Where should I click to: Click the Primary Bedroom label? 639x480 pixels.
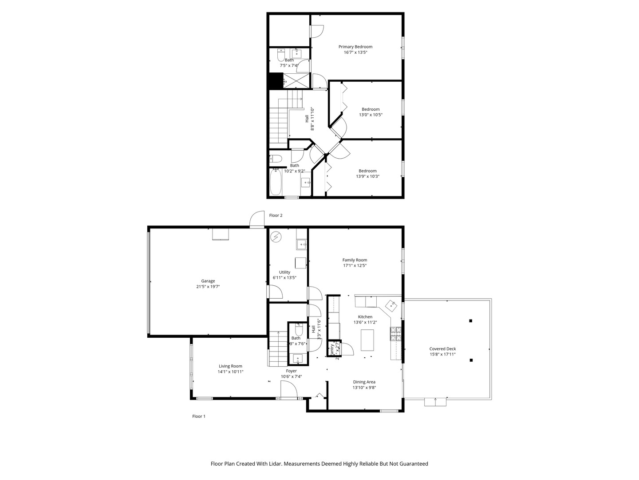(355, 47)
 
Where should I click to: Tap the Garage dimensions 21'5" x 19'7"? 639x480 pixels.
(208, 287)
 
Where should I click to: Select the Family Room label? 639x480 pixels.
(355, 260)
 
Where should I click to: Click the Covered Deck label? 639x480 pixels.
(442, 349)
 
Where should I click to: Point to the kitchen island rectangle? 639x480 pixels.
(367, 340)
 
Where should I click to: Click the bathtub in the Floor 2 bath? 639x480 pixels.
(275, 182)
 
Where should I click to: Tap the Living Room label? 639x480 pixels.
(230, 366)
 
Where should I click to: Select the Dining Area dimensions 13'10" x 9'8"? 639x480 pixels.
(364, 388)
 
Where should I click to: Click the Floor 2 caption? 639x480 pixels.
(276, 215)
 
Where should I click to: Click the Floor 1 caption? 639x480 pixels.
(198, 416)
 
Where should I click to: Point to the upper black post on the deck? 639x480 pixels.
(471, 320)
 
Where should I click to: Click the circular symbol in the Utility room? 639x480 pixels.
(276, 236)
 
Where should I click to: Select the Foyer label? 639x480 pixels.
(291, 371)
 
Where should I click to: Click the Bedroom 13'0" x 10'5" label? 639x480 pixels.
(371, 109)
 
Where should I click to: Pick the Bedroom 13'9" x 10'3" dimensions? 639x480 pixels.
(367, 176)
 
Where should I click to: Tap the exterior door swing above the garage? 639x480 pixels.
(257, 220)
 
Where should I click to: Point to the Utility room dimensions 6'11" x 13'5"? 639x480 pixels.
(284, 278)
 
